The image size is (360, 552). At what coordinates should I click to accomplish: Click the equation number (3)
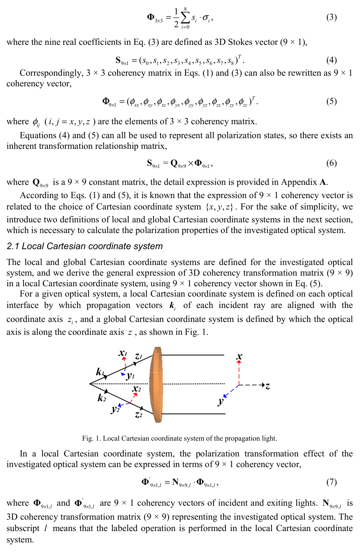tap(331, 17)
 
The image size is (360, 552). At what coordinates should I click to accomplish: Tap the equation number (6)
tap(331, 163)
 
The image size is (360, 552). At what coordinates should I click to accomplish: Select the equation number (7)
tap(331, 482)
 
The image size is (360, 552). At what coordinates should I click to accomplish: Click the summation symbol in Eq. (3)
tap(185, 17)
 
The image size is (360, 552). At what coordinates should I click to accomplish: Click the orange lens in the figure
tap(156, 384)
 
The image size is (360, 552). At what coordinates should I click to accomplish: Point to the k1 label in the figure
tap(100, 372)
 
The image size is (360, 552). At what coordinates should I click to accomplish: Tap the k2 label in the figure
tap(102, 398)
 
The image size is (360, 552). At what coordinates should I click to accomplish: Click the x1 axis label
tap(123, 353)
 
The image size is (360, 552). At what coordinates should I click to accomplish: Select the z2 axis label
tap(138, 415)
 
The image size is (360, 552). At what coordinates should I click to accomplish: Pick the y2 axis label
tap(115, 409)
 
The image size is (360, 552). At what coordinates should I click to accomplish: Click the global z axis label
tap(268, 386)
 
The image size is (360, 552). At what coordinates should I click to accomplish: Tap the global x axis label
tap(240, 356)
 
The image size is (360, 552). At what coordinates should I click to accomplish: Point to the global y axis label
tap(220, 401)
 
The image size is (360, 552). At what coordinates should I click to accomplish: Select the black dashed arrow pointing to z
tap(253, 385)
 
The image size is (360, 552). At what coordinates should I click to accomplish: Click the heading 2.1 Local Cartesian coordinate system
tap(84, 246)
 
